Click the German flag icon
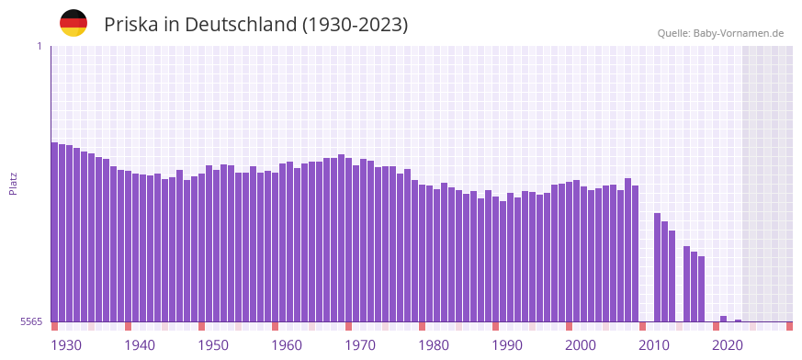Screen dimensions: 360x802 (73, 24)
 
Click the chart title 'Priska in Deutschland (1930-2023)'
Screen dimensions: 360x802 (255, 24)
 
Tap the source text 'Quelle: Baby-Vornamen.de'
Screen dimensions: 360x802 (720, 33)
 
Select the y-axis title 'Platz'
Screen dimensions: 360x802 (13, 183)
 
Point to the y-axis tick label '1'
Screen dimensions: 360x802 (40, 46)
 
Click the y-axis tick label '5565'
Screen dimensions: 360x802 (31, 321)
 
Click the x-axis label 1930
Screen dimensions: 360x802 (66, 345)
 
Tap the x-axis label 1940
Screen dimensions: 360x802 (140, 345)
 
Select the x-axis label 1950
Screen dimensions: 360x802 (213, 345)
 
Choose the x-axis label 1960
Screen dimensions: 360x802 (287, 345)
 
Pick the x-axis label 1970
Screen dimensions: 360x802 (360, 345)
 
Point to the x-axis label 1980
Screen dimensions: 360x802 (434, 345)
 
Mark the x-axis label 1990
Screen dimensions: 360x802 (507, 345)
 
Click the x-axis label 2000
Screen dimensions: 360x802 (581, 345)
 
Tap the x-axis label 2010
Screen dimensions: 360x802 (654, 345)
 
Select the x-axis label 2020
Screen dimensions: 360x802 (728, 345)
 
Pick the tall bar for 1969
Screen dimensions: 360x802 (342, 238)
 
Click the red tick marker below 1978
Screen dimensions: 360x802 (423, 326)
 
